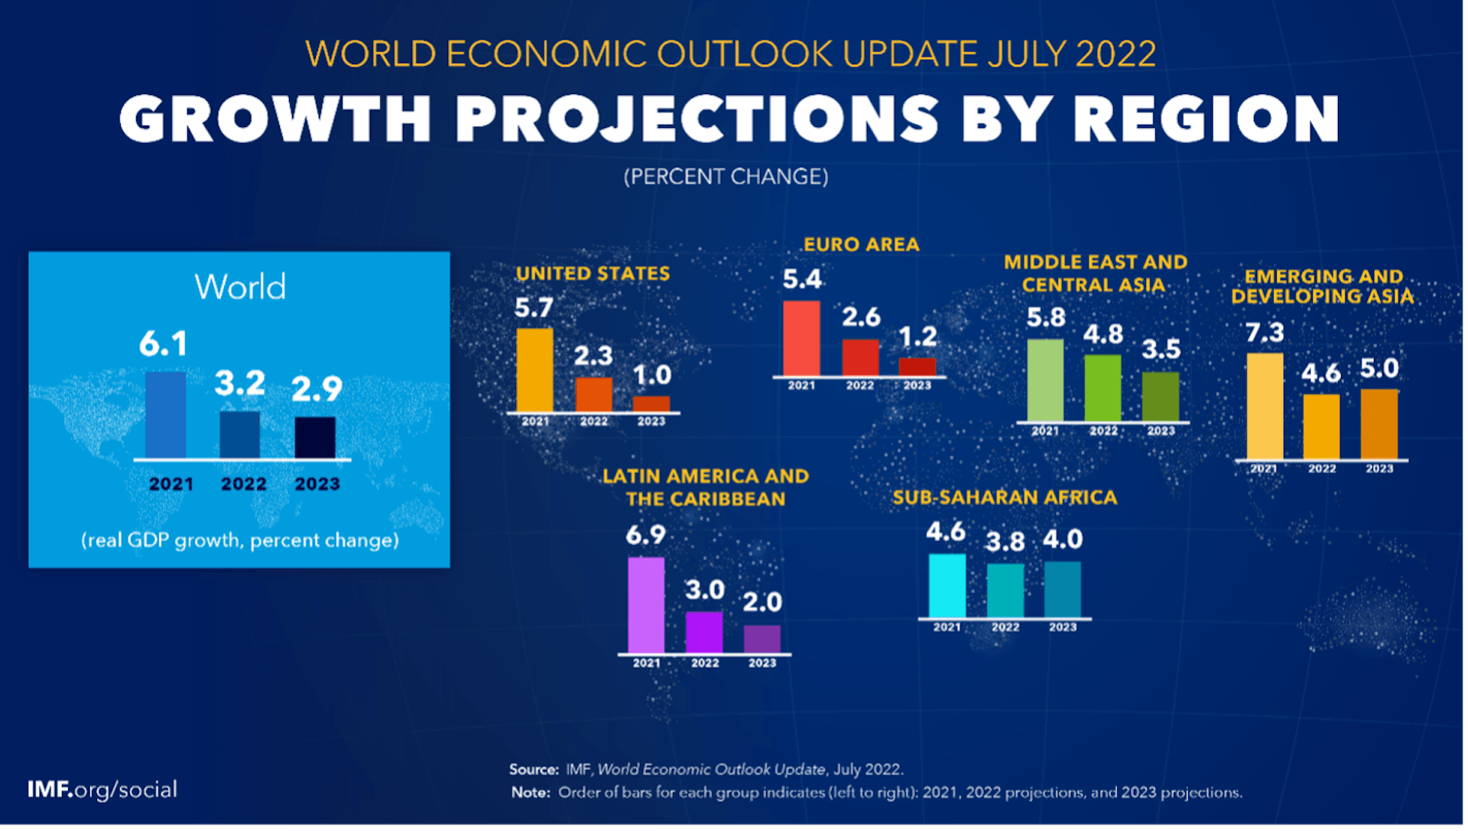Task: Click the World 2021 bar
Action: coord(165,415)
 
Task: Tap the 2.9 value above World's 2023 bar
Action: coord(317,389)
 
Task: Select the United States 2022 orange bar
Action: coord(593,395)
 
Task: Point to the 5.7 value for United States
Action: coord(534,308)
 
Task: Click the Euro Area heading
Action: coord(861,245)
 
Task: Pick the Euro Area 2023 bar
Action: coord(917,367)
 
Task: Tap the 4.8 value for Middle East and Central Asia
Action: coord(1103,334)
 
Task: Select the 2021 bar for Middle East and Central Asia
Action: coord(1045,380)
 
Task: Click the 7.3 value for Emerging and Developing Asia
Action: coord(1265,333)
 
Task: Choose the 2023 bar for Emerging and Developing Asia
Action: coord(1379,424)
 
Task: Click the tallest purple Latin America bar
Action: coord(646,605)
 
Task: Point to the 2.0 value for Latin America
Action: coord(762,603)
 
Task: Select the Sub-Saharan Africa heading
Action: coord(1005,498)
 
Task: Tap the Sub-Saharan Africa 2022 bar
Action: coord(1005,590)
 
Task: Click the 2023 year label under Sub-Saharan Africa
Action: coord(1063,627)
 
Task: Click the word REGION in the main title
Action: coord(1206,120)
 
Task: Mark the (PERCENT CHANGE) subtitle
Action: coord(726,177)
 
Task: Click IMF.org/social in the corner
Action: coord(102,790)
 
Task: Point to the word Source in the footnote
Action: coord(534,770)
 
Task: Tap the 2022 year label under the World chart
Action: coord(244,484)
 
